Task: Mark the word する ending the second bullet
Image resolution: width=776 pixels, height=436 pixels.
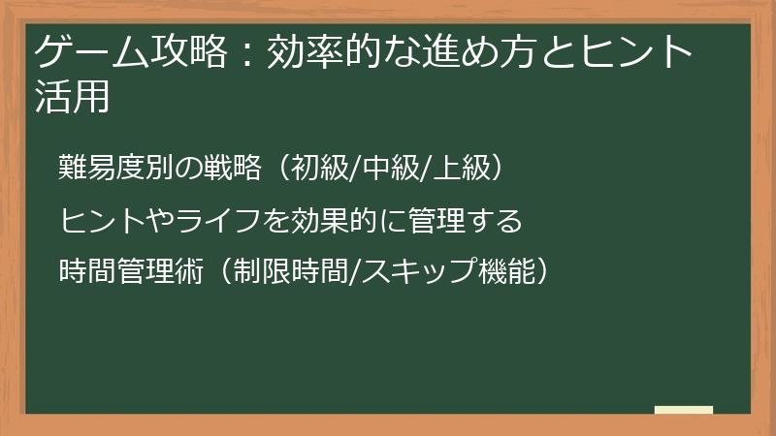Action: pos(499,221)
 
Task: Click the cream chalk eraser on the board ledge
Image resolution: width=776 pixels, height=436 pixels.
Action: pos(684,411)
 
